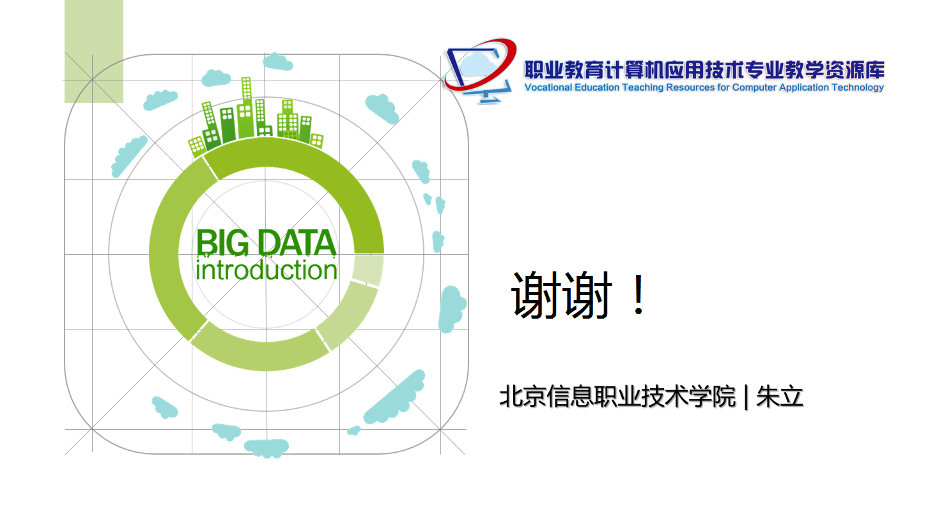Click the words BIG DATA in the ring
tap(266, 243)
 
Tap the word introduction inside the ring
tap(267, 269)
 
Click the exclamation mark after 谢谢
tap(639, 295)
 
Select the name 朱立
tap(780, 397)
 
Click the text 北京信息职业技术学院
tap(617, 397)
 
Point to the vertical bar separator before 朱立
tap(747, 397)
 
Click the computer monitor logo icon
tap(481, 70)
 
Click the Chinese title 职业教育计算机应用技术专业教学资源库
tap(704, 70)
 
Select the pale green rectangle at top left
tap(94, 51)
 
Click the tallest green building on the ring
tap(247, 107)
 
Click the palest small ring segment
tap(368, 269)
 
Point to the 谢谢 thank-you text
tap(561, 295)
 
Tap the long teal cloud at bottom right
tap(394, 397)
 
